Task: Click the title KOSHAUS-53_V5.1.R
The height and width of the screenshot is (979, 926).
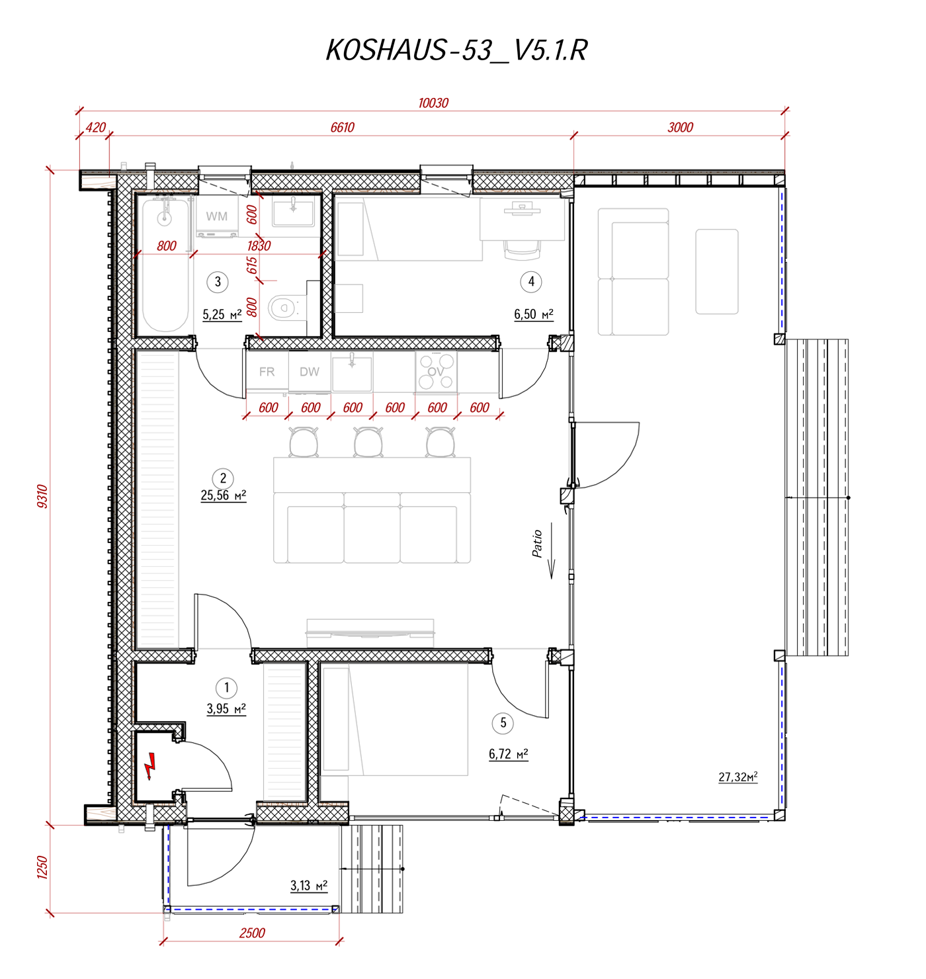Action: [x=456, y=50]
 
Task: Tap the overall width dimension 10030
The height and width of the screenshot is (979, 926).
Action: [x=433, y=103]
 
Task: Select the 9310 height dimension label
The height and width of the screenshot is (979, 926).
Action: [x=42, y=495]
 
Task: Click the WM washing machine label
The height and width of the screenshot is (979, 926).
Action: [x=216, y=216]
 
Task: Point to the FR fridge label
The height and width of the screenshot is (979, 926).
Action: [x=267, y=371]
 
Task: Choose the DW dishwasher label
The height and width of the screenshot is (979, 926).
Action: [x=309, y=371]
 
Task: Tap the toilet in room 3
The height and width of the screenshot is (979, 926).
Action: [x=287, y=307]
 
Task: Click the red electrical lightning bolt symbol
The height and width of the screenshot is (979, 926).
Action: [x=150, y=765]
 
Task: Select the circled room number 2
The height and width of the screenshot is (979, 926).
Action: [x=223, y=478]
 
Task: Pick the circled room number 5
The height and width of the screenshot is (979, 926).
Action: [x=503, y=722]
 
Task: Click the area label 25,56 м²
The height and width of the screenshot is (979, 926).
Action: [x=223, y=495]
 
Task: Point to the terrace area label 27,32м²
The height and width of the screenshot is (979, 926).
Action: [x=737, y=777]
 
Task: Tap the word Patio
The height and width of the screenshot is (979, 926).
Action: [x=536, y=543]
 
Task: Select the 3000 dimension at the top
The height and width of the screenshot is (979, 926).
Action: [x=679, y=127]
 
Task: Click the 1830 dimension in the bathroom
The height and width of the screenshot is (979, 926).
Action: [x=259, y=245]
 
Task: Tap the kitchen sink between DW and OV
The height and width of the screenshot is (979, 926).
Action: [x=352, y=371]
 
